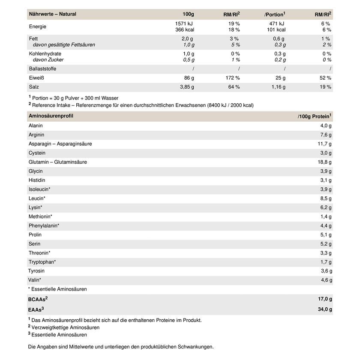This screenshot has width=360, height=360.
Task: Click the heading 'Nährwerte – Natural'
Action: pyautogui.click(x=52, y=14)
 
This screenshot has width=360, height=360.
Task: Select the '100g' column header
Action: pyautogui.click(x=188, y=14)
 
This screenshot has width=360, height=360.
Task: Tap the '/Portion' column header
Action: pyautogui.click(x=275, y=15)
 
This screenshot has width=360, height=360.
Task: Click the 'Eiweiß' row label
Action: pyautogui.click(x=36, y=78)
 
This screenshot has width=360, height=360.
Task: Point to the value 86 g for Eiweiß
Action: pyautogui.click(x=189, y=78)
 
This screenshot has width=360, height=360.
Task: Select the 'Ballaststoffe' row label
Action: pyautogui.click(x=42, y=69)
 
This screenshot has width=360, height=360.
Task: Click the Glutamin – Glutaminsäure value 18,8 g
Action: pyautogui.click(x=324, y=162)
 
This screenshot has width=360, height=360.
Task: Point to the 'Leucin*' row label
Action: pyautogui.click(x=37, y=198)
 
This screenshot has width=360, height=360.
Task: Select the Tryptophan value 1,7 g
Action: pyautogui.click(x=326, y=262)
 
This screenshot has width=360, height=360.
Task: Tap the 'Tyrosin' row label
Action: pyautogui.click(x=36, y=271)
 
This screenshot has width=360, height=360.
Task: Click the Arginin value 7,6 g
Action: pyautogui.click(x=326, y=135)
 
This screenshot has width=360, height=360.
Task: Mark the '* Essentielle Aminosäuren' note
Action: pyautogui.click(x=57, y=289)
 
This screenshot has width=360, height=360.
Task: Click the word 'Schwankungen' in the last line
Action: pyautogui.click(x=195, y=347)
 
